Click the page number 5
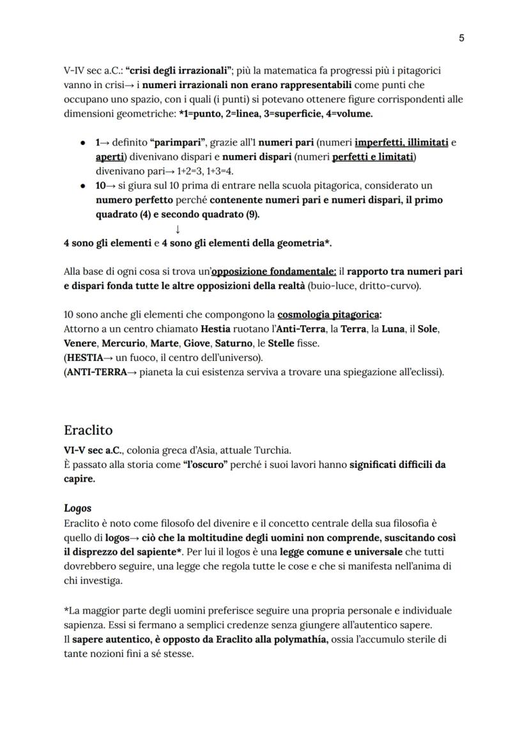click(x=461, y=38)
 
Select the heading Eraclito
click(x=88, y=429)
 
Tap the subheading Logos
click(x=77, y=508)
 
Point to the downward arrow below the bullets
click(x=177, y=229)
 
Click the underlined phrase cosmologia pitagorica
click(x=328, y=315)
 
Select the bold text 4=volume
click(x=349, y=114)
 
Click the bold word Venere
click(x=79, y=343)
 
